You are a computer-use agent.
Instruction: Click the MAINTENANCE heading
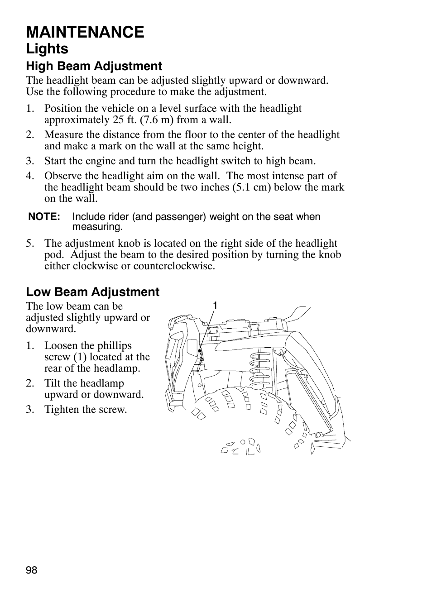coord(85,32)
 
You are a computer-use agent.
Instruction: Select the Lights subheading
coord(47,49)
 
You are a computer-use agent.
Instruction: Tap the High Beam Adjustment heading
coord(94,66)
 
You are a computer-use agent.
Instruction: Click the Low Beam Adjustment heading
coord(92,292)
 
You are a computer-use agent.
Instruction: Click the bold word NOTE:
coord(44,217)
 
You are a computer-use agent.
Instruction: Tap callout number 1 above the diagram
coord(215,306)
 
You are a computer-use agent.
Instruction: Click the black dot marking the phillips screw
coord(199,351)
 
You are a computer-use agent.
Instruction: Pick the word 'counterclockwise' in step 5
coord(174,266)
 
